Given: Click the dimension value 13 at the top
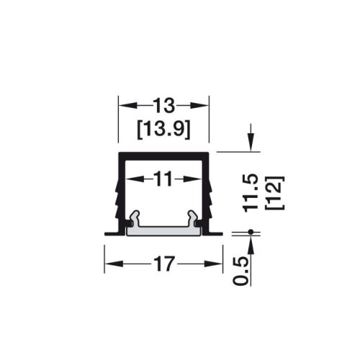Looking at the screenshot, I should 164,106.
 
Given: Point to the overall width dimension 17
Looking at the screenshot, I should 164,264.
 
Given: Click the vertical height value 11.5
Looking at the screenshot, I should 250,192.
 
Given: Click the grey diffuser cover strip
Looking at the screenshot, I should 164,228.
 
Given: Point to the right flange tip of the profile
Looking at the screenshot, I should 220,232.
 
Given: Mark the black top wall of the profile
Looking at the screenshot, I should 164,156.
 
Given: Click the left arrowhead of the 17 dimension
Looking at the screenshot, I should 109,264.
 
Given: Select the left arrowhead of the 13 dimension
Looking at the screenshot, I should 123,106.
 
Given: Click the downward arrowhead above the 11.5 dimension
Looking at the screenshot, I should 250,144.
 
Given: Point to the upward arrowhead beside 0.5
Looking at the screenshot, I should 250,243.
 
